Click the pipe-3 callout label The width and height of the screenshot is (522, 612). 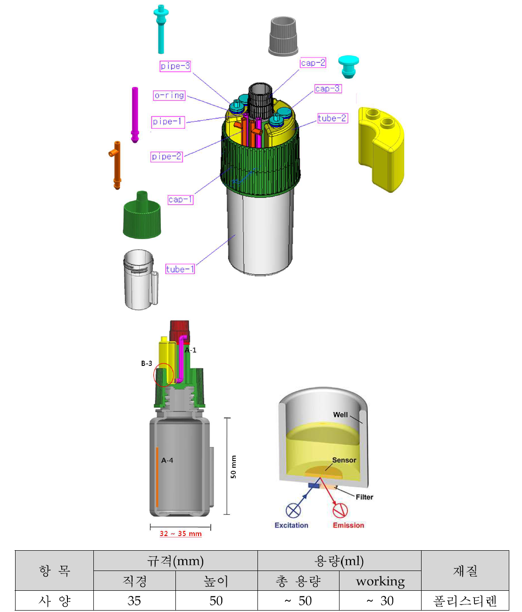click(175, 66)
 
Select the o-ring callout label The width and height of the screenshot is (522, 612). click(169, 95)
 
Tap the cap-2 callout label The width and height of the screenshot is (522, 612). click(313, 63)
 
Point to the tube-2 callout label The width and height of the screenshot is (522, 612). click(332, 118)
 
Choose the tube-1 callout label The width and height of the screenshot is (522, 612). click(180, 269)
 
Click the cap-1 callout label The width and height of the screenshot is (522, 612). click(180, 199)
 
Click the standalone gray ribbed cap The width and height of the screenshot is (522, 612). click(283, 37)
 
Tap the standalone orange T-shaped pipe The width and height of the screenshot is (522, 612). click(116, 165)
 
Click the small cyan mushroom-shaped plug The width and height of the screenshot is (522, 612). click(348, 66)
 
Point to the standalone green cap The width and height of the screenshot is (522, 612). click(142, 216)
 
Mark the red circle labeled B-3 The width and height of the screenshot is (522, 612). click(164, 375)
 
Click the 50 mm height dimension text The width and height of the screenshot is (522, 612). click(233, 467)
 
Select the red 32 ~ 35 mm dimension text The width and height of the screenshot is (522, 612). click(181, 534)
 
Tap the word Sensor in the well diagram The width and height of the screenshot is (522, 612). click(344, 460)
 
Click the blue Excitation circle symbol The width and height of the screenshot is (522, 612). click(293, 511)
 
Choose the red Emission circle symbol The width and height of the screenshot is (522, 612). click(340, 511)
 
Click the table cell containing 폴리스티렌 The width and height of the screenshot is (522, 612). click(464, 601)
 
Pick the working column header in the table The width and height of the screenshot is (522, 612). click(380, 581)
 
